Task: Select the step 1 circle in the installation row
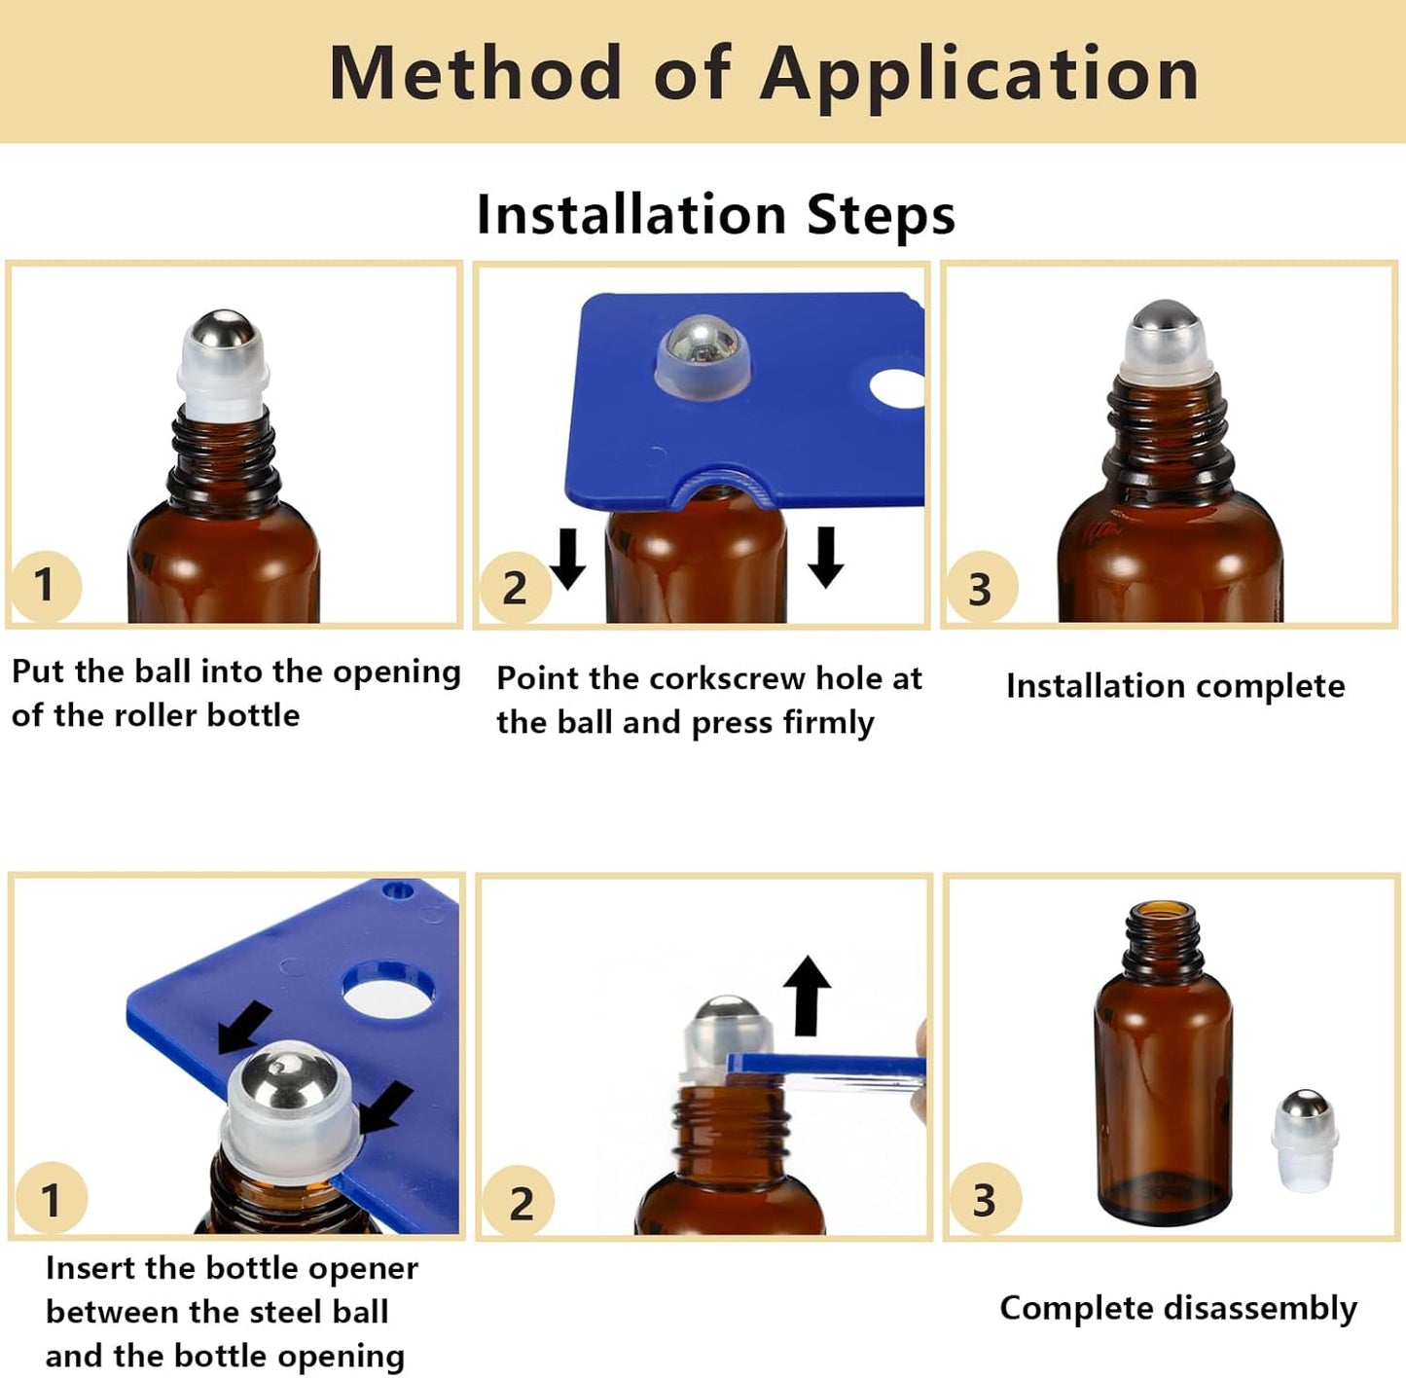click(44, 585)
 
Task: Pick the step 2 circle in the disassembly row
click(520, 1203)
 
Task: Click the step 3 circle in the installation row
click(980, 589)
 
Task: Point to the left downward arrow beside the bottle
click(567, 558)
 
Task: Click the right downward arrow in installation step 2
click(826, 556)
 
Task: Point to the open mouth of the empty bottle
click(1163, 910)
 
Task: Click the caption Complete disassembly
click(1177, 1308)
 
